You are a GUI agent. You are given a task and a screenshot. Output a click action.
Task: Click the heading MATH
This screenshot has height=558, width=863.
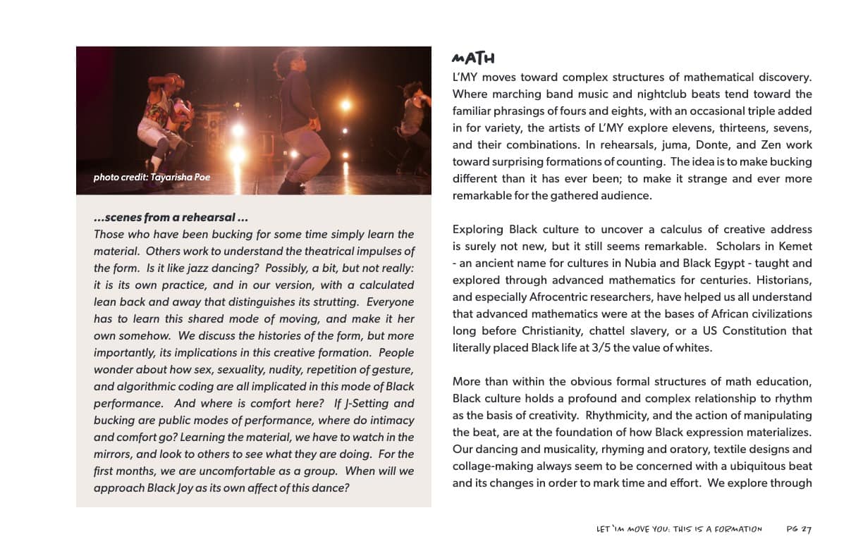click(x=473, y=58)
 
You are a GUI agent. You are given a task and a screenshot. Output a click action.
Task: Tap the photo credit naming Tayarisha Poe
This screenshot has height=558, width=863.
click(x=152, y=177)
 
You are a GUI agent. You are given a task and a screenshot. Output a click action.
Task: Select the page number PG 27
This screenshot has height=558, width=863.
click(x=799, y=529)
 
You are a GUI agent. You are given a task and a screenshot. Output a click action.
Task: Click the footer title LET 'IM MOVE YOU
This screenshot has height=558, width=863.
click(x=679, y=529)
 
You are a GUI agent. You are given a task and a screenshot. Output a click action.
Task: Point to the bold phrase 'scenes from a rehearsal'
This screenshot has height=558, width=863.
click(x=171, y=217)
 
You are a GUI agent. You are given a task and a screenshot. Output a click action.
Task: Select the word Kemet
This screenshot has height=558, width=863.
click(x=795, y=246)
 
